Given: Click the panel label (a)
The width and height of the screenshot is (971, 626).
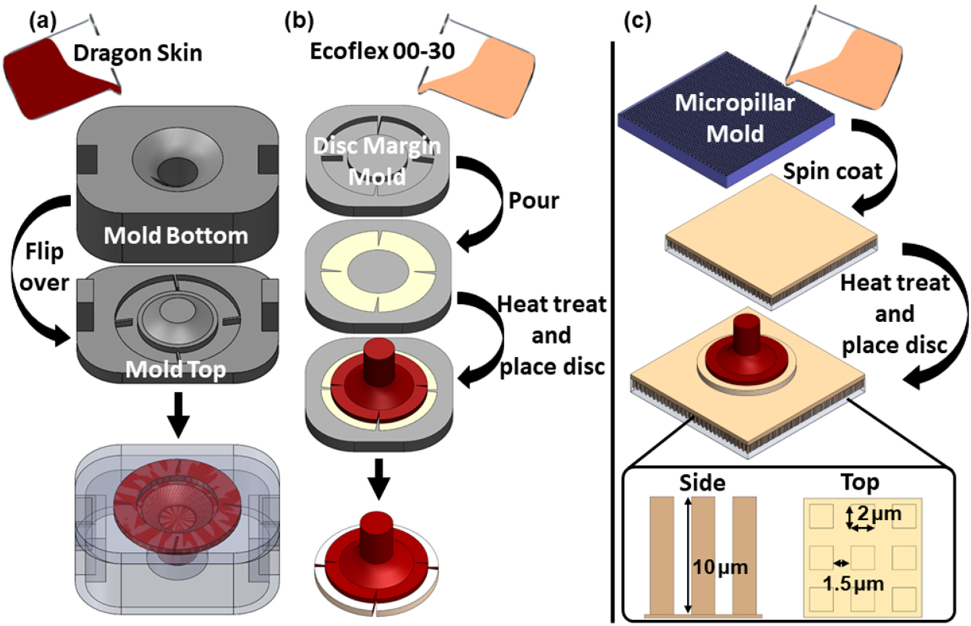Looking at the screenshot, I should [43, 21].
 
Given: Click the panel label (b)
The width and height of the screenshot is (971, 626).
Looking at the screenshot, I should [298, 21].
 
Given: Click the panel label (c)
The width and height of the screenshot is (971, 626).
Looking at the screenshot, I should [637, 21].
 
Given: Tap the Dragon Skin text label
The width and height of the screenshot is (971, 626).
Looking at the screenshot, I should [138, 53].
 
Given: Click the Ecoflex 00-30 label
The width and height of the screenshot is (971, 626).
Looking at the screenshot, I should [382, 51].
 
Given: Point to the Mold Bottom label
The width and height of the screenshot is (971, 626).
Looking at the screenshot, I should [176, 236].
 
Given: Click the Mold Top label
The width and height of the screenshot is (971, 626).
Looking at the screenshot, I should [176, 369].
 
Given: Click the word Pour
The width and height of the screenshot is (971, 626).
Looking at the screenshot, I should [533, 201].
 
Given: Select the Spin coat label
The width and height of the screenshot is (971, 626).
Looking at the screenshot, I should [832, 172].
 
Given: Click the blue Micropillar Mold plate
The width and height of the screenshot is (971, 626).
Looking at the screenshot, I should [723, 123].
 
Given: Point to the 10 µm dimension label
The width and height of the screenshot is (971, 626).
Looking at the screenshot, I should [720, 567].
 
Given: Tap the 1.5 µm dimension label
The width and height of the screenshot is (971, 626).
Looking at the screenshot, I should [853, 584].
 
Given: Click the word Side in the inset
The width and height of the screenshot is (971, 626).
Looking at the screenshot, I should [702, 483].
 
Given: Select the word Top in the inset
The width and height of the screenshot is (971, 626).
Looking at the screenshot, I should [859, 482].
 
